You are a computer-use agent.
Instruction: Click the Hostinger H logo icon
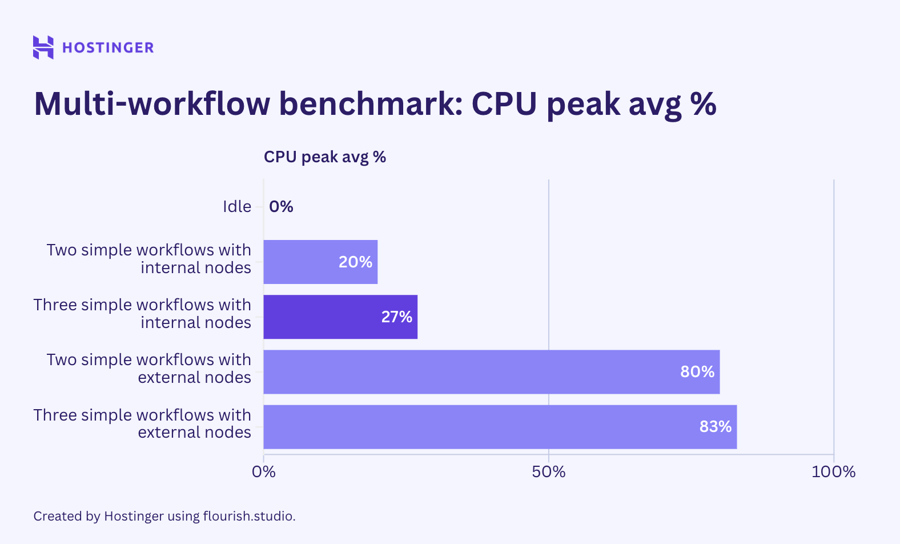tap(43, 47)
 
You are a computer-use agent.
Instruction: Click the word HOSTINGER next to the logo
tap(108, 47)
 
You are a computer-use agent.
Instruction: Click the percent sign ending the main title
tap(703, 104)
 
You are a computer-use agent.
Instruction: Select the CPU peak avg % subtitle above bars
tap(324, 157)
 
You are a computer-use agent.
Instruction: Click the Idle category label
tap(236, 206)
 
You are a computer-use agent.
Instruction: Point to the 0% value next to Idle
tap(281, 206)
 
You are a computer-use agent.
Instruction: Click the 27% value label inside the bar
tap(396, 317)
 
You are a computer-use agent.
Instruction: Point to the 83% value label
tap(715, 427)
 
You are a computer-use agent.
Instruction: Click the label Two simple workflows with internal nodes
tap(148, 259)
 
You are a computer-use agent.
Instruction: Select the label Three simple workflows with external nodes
tap(142, 423)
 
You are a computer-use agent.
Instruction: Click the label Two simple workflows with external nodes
tap(148, 369)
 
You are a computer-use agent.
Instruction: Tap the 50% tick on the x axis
tap(548, 472)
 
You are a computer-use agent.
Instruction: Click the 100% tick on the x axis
tap(833, 472)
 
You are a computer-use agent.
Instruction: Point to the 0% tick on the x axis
tap(264, 472)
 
